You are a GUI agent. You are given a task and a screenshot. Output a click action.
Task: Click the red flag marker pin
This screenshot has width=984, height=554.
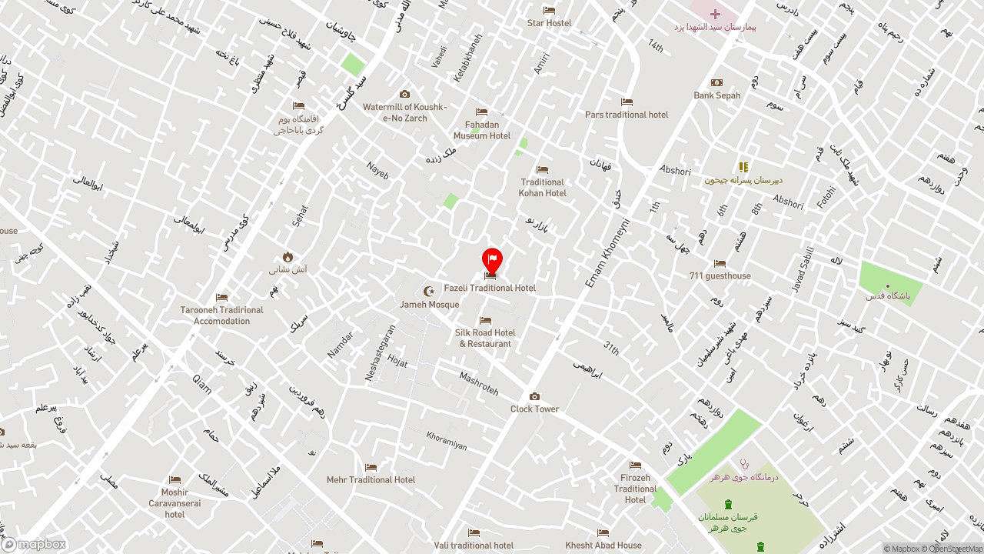(x=492, y=259)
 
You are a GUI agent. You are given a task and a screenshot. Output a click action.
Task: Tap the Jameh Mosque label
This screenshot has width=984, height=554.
(x=430, y=304)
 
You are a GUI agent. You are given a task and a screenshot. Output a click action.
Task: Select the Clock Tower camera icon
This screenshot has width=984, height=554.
(x=535, y=397)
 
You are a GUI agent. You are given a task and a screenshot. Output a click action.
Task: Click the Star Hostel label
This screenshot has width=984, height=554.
(x=549, y=23)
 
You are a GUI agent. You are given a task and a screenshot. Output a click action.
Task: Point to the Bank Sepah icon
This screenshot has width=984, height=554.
(x=716, y=83)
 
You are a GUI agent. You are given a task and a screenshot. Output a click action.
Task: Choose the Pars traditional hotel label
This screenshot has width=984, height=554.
(x=627, y=115)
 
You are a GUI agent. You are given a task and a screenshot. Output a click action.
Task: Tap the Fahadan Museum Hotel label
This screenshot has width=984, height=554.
(x=482, y=130)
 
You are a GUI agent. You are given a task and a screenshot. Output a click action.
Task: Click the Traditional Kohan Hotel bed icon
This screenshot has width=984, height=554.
(x=543, y=170)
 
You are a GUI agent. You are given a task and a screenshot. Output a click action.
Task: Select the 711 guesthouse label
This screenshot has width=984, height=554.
(x=720, y=275)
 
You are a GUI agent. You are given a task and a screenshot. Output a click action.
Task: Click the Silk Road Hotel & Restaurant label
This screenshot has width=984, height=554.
(x=485, y=338)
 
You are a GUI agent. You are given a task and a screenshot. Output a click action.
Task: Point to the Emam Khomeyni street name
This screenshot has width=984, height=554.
(x=607, y=253)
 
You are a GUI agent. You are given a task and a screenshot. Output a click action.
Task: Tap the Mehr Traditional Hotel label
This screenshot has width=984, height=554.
(x=371, y=479)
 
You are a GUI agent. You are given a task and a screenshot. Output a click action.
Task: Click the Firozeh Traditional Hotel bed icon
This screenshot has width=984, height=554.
(x=635, y=465)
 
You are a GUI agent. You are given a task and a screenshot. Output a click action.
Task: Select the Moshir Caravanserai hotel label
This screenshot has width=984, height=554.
(x=175, y=503)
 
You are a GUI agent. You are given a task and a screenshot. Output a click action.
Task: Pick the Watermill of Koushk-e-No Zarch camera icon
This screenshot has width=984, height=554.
(x=404, y=95)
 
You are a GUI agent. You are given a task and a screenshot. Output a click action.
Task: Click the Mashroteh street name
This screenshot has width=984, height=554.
(x=478, y=383)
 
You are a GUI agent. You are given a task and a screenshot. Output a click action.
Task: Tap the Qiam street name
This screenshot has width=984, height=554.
(x=201, y=382)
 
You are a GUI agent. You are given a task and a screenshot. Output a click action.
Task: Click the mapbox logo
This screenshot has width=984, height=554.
(x=34, y=544)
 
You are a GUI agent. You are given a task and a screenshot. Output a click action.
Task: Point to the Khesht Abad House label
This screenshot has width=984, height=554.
(x=603, y=546)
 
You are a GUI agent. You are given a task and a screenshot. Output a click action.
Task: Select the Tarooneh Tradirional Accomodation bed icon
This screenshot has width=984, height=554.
(x=221, y=298)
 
